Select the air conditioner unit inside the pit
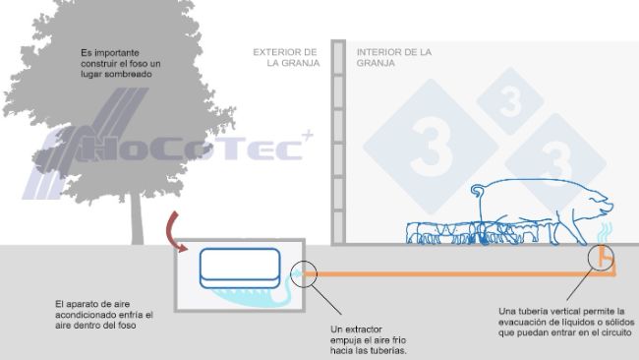point(239,266)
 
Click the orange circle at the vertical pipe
point(604,260)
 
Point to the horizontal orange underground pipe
point(452,273)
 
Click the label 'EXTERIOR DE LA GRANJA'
point(285,57)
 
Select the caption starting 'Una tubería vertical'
point(565,322)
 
